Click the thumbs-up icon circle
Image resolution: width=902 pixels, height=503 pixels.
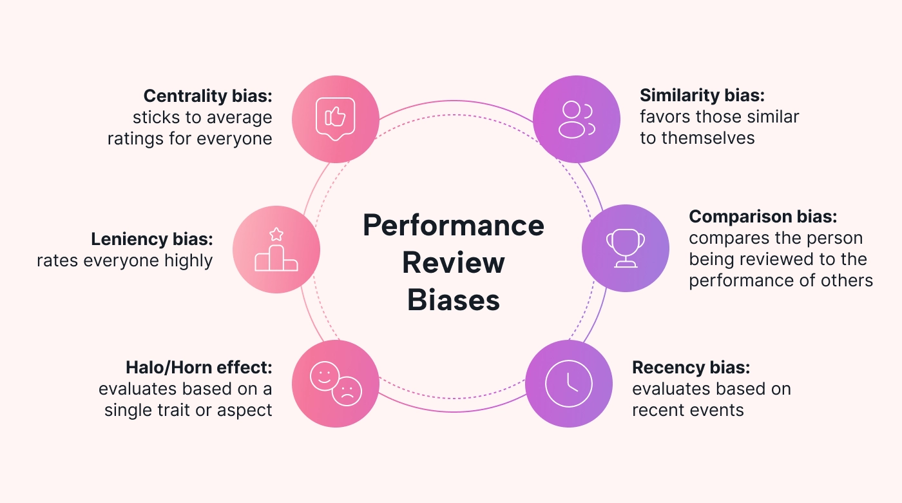pyautogui.click(x=335, y=117)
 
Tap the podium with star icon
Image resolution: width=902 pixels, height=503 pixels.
pyautogui.click(x=276, y=250)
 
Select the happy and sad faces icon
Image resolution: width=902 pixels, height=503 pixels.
pyautogui.click(x=336, y=384)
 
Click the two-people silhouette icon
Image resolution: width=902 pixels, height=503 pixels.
pyautogui.click(x=576, y=118)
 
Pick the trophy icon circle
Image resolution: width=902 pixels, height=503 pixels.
pyautogui.click(x=625, y=249)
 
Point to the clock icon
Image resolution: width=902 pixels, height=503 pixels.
pyautogui.click(x=569, y=384)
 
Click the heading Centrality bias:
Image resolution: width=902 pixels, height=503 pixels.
pyautogui.click(x=207, y=96)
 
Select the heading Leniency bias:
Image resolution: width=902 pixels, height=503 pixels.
pyautogui.click(x=151, y=239)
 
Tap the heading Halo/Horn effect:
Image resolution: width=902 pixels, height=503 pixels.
pyautogui.click(x=198, y=368)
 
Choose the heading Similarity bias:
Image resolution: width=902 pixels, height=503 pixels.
pyautogui.click(x=702, y=96)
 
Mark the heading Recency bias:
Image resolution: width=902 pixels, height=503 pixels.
pyautogui.click(x=691, y=368)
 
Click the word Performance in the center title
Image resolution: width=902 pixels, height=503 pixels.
pyautogui.click(x=454, y=226)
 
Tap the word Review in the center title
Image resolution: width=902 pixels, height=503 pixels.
pyautogui.click(x=454, y=263)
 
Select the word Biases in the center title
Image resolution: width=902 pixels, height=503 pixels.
pyautogui.click(x=454, y=301)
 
